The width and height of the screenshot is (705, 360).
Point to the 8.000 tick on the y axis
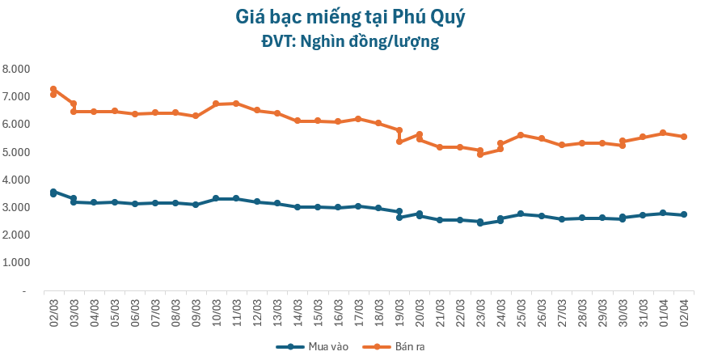coord(17,69)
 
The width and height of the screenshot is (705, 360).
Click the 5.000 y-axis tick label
coord(17,152)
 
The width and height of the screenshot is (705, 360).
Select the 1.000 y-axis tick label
coord(17,263)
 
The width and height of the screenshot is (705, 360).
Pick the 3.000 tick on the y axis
coord(17,207)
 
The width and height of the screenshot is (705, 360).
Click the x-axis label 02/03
coord(53,312)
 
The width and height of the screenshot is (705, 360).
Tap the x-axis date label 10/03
coord(216,312)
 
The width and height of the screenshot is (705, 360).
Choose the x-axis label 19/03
coord(399,312)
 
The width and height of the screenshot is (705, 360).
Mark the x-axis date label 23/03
coord(480,312)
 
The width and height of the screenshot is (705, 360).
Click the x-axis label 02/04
coord(684,312)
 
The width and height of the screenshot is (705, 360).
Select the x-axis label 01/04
coord(664,312)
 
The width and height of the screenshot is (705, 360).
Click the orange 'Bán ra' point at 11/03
coord(236,104)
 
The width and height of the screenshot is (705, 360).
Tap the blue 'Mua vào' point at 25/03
coord(521,214)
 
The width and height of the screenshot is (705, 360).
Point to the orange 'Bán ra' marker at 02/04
coord(684,137)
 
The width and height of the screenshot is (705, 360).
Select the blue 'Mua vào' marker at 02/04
coord(684,215)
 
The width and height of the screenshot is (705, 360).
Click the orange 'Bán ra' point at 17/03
coord(358,119)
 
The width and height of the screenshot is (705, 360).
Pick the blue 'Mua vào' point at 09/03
coord(196,205)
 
